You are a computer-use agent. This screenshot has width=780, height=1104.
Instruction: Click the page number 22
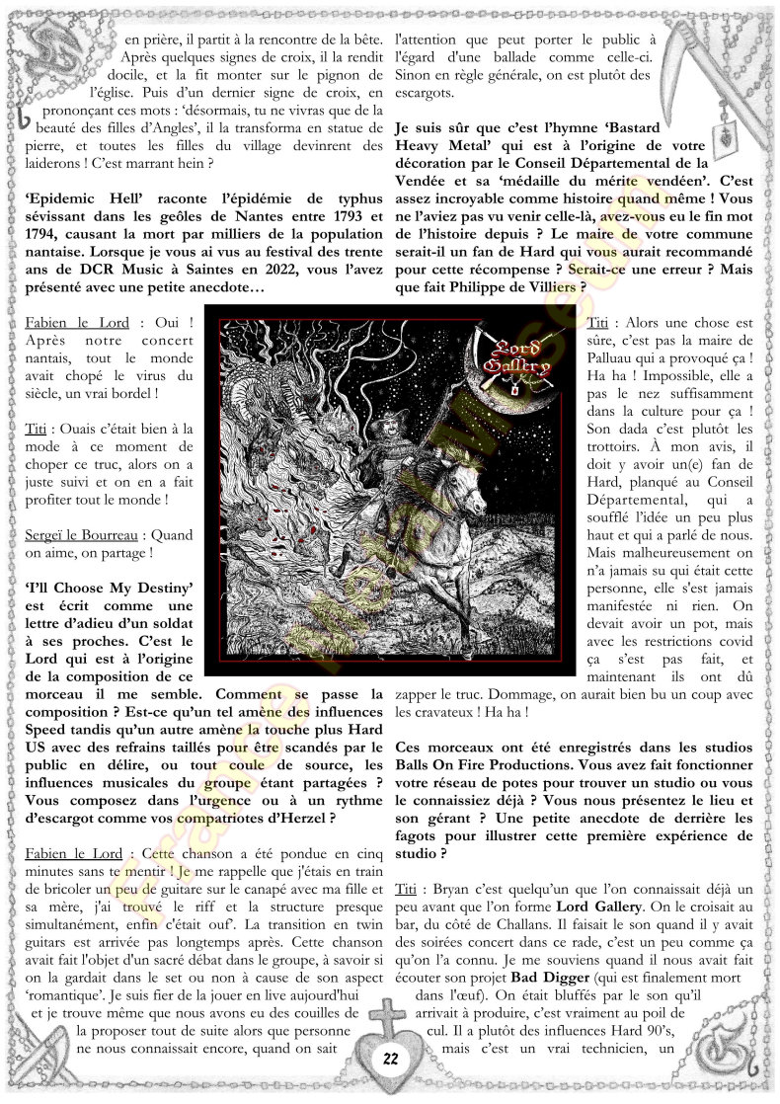click(390, 1059)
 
